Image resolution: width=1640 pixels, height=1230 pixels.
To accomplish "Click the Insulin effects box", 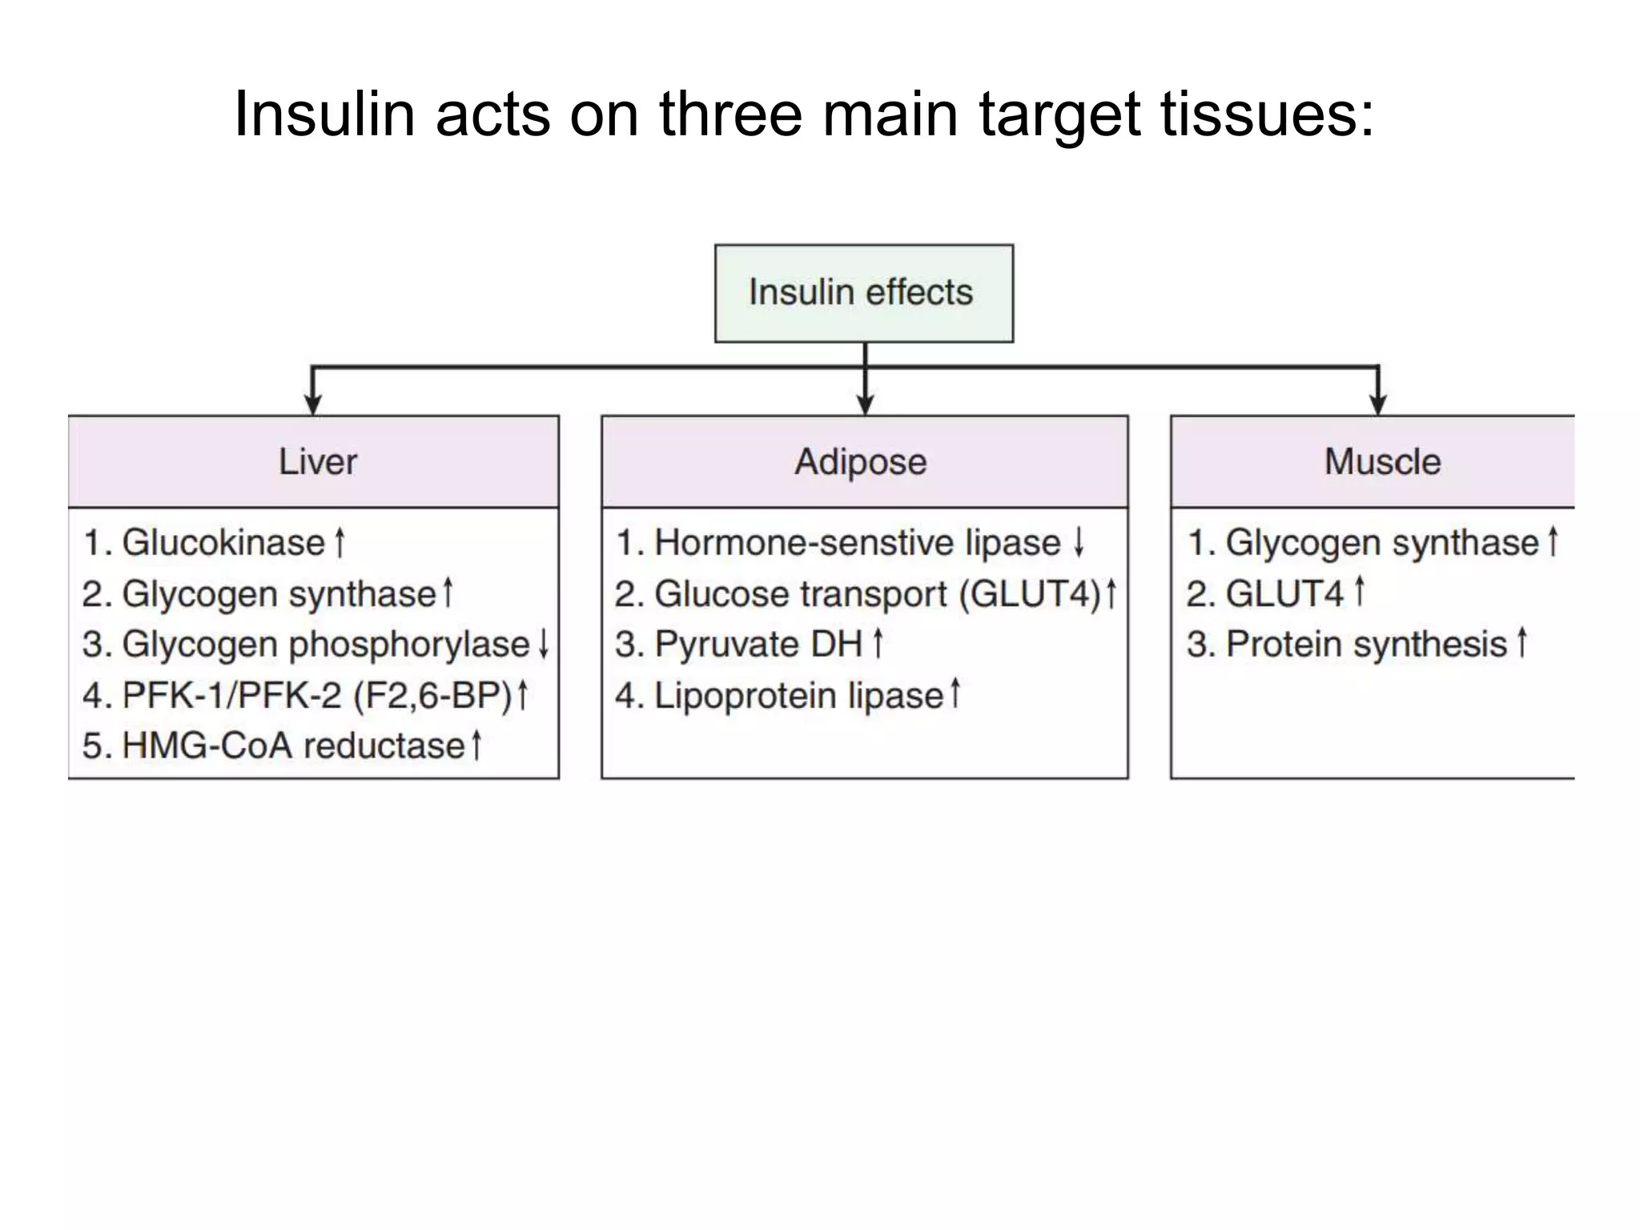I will pos(863,293).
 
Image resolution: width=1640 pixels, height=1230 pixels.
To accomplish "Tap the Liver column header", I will pos(317,462).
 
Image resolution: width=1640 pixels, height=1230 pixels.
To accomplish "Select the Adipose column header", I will pos(862,462).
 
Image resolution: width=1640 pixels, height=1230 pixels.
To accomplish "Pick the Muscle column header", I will pos(1381,462).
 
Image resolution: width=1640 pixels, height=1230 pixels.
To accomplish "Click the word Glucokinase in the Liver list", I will pos(223,543).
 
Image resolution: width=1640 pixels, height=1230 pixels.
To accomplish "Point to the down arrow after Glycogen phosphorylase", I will pos(544,644).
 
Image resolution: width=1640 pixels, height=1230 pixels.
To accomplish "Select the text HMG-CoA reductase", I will pos(293,746).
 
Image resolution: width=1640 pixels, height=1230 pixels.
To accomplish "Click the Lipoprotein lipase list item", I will pos(798,695).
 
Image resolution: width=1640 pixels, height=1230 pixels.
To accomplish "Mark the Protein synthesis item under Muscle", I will pos(1366,645).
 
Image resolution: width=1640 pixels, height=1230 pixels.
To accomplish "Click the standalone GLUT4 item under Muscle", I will pos(1284,593).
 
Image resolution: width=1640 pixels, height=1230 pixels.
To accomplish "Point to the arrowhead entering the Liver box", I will pos(312,404).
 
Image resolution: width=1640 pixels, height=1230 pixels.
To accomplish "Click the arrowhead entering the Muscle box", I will pos(1377,404).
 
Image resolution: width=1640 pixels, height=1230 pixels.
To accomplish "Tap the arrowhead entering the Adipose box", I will pos(865,404).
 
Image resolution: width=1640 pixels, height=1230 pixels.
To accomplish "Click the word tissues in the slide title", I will pos(1267,114).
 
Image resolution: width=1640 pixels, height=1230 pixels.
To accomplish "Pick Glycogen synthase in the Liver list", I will pos(279,594).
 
